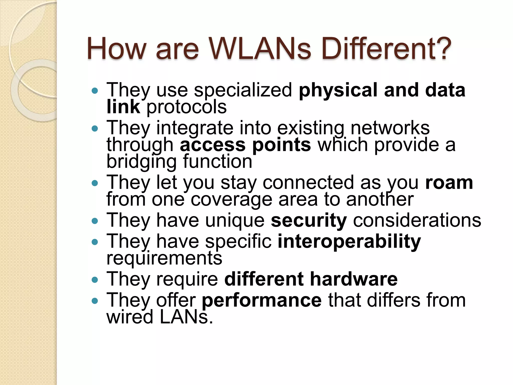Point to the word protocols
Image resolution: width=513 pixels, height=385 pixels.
pyautogui.click(x=187, y=107)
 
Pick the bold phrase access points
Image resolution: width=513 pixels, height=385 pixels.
pyautogui.click(x=245, y=145)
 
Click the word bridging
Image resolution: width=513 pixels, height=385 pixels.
pyautogui.click(x=142, y=162)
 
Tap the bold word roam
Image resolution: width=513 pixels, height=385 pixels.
pyautogui.click(x=449, y=183)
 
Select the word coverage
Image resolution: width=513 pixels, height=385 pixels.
pyautogui.click(x=231, y=200)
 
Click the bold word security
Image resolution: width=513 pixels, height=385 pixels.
pyautogui.click(x=309, y=221)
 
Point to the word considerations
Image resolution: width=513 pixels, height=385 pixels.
pyautogui.click(x=417, y=221)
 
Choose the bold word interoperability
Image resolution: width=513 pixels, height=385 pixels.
pyautogui.click(x=349, y=242)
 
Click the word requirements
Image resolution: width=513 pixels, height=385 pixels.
pyautogui.click(x=164, y=258)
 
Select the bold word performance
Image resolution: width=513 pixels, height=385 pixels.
pyautogui.click(x=262, y=300)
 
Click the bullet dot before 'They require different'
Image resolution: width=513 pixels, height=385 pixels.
pyautogui.click(x=95, y=279)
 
